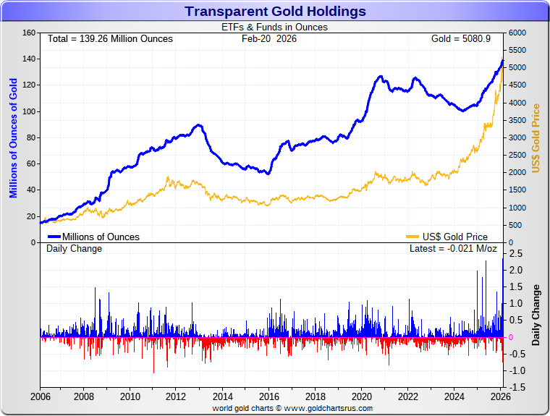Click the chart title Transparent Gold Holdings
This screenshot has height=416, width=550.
coord(275,11)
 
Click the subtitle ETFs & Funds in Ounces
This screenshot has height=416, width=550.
coord(274,27)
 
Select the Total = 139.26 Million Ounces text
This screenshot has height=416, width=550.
coord(110,38)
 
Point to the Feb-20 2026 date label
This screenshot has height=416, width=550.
coord(269,38)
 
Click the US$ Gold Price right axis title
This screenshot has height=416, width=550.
coord(536,138)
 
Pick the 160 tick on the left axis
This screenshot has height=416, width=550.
coord(29,33)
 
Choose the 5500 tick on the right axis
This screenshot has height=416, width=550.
coord(518,51)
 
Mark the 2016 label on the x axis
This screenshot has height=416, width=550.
coord(269,396)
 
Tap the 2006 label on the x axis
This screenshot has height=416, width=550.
coord(41,396)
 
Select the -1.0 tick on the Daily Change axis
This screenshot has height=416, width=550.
coord(515,370)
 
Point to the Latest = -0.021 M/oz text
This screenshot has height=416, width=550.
coord(453,249)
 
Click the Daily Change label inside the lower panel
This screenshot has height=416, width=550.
coord(75,249)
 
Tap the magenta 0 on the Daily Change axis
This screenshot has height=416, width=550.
coord(512,337)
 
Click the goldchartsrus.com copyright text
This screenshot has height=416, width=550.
coord(292,409)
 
